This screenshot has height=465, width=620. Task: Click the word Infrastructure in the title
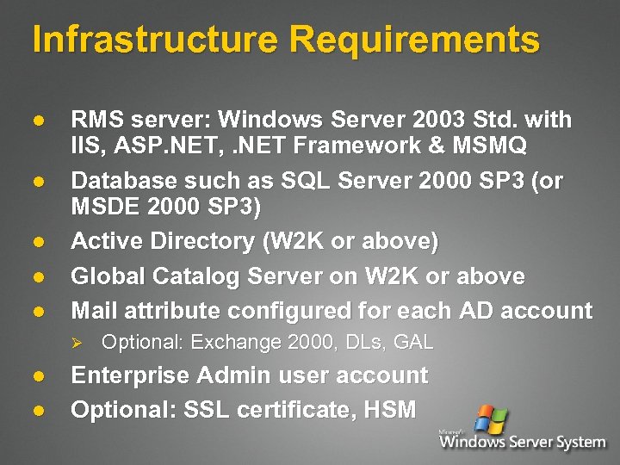(x=155, y=40)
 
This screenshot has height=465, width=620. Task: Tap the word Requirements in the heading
(x=414, y=40)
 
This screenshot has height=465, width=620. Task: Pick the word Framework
(x=342, y=146)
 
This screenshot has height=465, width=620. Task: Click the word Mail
(x=94, y=310)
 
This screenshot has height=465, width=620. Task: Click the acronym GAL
(x=412, y=343)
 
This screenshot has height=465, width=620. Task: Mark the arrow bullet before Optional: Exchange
(x=75, y=343)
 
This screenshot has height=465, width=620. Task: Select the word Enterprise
(x=129, y=375)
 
